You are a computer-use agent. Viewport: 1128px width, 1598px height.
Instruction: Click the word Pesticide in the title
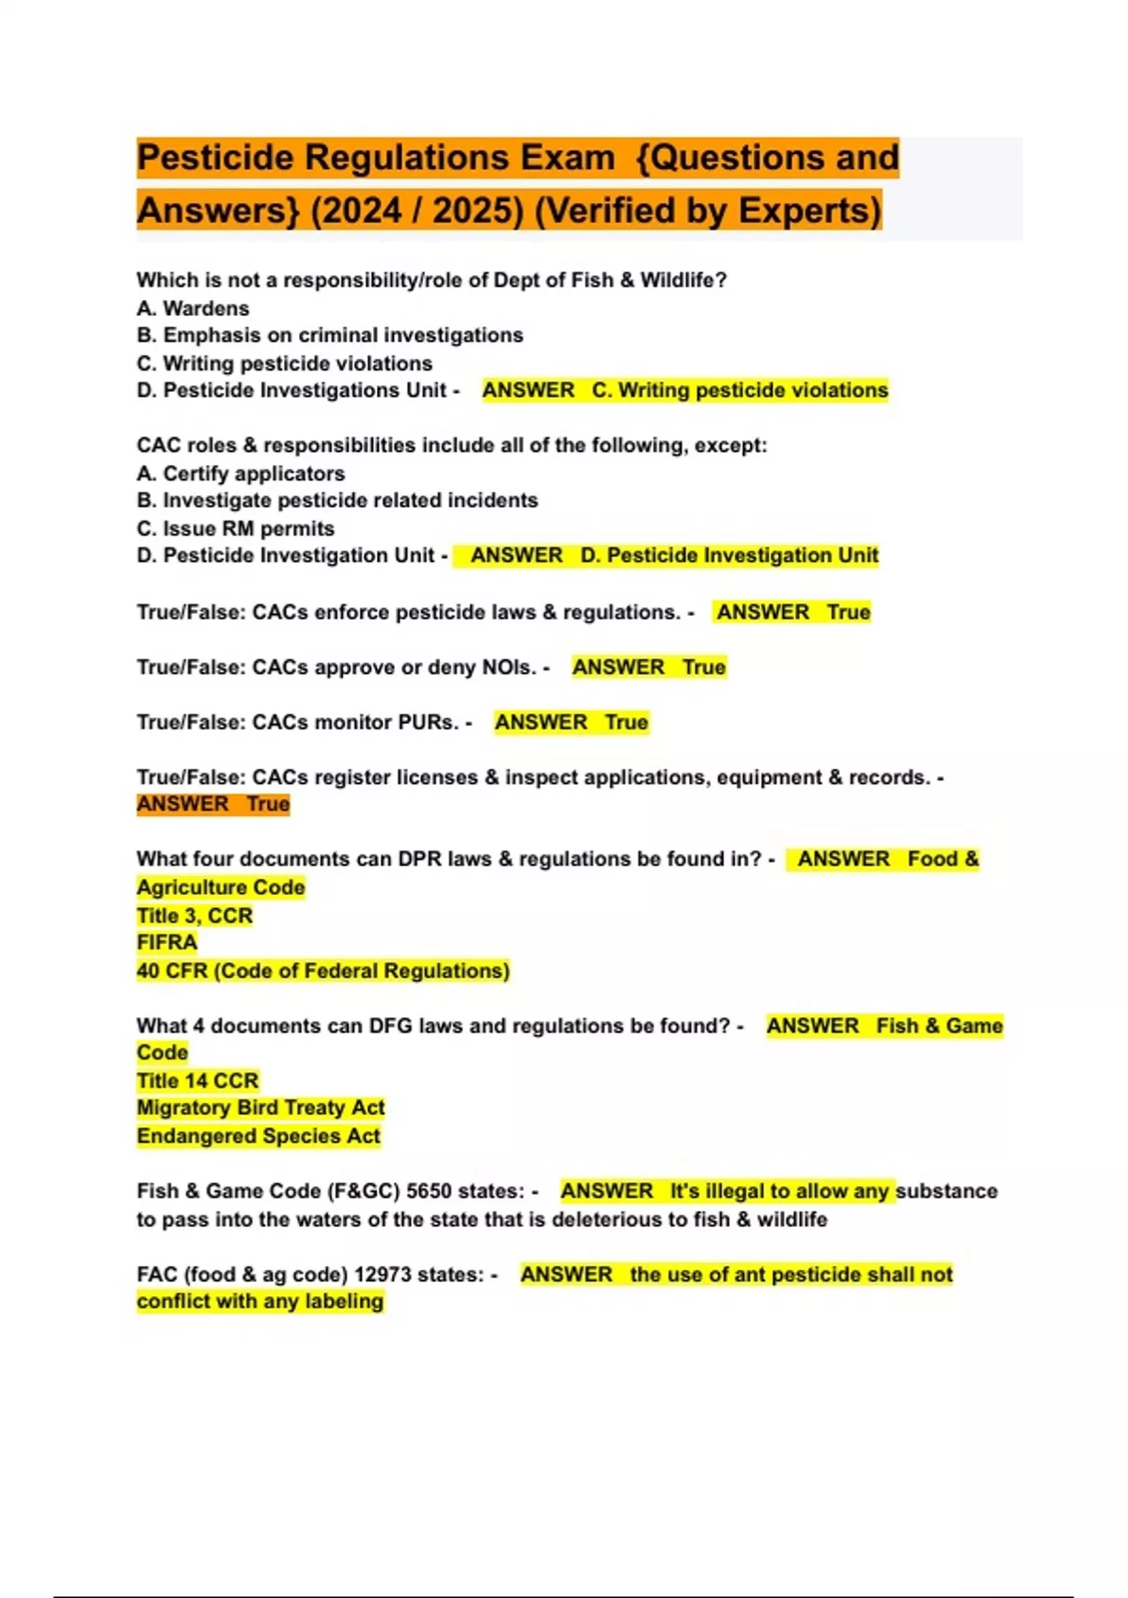215,158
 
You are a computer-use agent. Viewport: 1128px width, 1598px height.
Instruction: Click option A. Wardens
193,308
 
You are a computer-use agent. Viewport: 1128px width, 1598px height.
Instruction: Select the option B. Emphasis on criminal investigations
330,336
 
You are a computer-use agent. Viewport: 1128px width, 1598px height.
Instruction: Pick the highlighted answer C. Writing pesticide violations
739,390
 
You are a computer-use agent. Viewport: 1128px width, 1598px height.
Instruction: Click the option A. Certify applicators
241,474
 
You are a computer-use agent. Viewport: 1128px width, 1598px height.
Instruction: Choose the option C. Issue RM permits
235,528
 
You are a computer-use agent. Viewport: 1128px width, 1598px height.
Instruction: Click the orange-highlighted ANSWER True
213,805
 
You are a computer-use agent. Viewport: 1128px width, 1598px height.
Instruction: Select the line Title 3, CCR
195,916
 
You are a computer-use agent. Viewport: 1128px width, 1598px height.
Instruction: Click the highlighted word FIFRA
167,943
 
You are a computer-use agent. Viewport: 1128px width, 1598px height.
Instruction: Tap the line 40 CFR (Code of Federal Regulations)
322,971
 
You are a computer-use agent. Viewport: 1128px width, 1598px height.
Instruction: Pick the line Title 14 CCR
197,1081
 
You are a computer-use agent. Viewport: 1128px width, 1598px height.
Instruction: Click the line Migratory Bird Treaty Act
260,1108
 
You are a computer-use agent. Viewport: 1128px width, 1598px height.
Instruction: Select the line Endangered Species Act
258,1136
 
